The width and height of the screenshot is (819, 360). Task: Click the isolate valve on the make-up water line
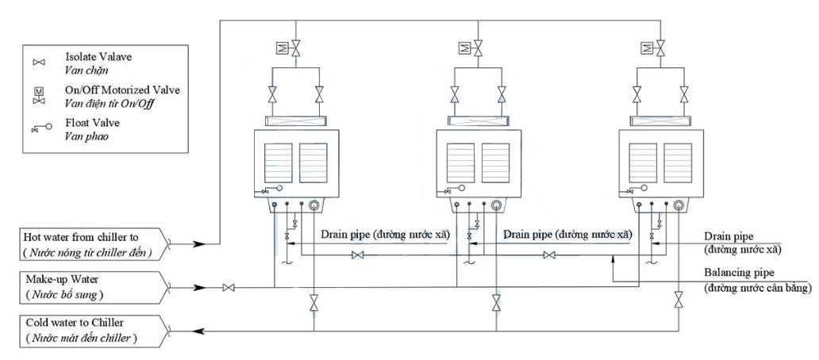click(x=229, y=287)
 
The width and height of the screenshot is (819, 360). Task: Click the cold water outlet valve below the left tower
click(x=313, y=303)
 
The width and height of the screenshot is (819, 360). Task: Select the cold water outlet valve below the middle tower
click(x=496, y=302)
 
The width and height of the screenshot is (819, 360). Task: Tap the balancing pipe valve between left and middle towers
click(x=358, y=255)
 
